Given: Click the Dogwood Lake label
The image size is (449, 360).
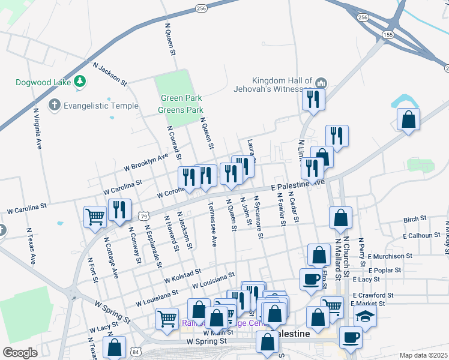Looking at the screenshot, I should click(x=44, y=82).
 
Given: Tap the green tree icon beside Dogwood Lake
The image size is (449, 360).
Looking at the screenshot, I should click(x=80, y=82).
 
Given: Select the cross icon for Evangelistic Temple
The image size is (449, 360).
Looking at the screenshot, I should click(x=54, y=106).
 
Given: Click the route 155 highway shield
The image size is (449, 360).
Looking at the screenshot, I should click(x=388, y=35).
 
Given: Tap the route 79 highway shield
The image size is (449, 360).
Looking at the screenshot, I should click(x=143, y=215).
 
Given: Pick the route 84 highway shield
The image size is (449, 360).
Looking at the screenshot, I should click(x=138, y=351).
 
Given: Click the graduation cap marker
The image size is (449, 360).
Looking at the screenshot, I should click(x=364, y=316).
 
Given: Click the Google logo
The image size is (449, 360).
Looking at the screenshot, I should click(x=20, y=353).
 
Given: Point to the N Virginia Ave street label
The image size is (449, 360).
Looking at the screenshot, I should click(x=38, y=128).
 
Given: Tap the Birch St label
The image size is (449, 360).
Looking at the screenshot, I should click(x=414, y=220).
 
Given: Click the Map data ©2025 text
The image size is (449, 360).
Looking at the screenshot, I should click(x=423, y=355).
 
